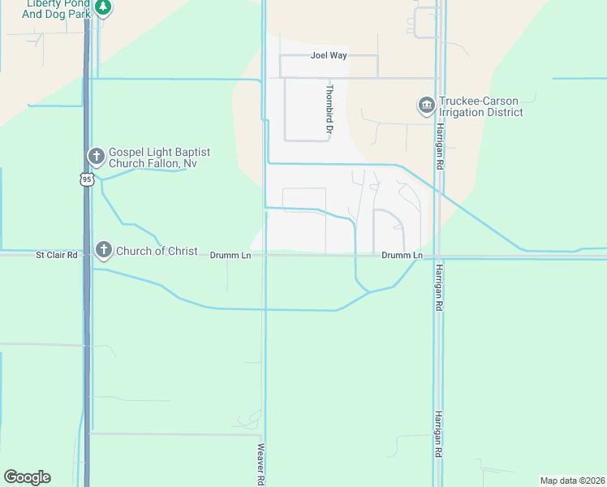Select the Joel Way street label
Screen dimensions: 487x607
pyautogui.click(x=329, y=56)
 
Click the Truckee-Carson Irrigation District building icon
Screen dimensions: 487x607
pyautogui.click(x=426, y=106)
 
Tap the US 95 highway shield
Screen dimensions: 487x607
pyautogui.click(x=87, y=179)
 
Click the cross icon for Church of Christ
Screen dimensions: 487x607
pyautogui.click(x=103, y=250)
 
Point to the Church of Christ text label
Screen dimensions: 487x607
pyautogui.click(x=157, y=251)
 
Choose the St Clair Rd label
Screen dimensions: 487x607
pyautogui.click(x=56, y=255)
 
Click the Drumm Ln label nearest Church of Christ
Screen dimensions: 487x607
pyautogui.click(x=230, y=255)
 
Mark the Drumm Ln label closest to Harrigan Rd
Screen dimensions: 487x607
pyautogui.click(x=403, y=256)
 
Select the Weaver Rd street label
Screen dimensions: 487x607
pyautogui.click(x=261, y=463)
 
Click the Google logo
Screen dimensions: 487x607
pyautogui.click(x=27, y=477)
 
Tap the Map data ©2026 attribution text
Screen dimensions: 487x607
pyautogui.click(x=572, y=481)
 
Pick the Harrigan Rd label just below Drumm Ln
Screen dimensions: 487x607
pyautogui.click(x=439, y=288)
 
